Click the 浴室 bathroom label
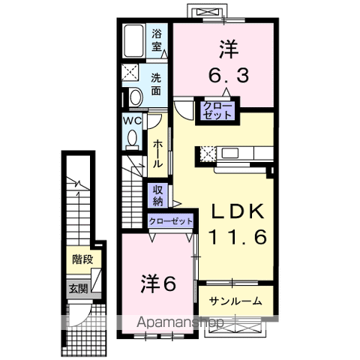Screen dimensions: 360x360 [157, 40]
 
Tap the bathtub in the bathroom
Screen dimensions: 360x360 [134, 41]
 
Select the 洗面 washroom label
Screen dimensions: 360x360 [156, 85]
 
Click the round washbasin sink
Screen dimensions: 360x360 [136, 97]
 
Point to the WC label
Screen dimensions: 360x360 [132, 121]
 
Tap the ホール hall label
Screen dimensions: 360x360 [158, 154]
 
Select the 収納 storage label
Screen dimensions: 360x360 [158, 196]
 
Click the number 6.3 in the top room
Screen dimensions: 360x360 [229, 75]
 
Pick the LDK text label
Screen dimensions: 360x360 [238, 211]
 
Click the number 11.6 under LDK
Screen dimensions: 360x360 [238, 237]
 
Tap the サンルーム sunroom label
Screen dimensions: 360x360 [235, 301]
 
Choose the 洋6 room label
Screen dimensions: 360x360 [158, 283]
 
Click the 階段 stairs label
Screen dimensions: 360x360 [82, 259]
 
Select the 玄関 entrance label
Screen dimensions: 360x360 [79, 289]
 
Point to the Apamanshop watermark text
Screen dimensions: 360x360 [180, 322]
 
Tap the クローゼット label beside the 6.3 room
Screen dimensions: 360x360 [217, 110]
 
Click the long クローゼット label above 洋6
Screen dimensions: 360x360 [171, 221]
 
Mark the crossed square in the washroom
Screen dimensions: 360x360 [130, 72]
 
